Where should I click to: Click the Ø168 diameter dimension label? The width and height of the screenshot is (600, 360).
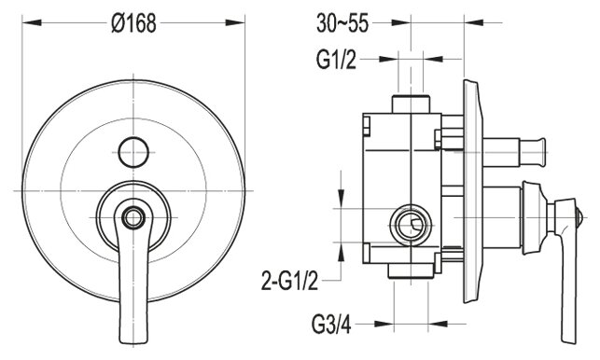coord(133,23)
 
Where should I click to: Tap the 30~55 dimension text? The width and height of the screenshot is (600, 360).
coord(342,23)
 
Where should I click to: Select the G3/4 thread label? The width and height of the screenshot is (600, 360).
coord(331,325)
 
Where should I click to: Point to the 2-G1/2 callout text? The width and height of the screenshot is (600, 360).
coord(289,281)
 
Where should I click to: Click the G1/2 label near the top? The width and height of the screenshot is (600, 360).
coord(336,60)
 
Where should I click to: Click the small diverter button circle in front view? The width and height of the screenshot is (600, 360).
coord(133,152)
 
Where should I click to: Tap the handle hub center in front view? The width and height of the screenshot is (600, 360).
coord(133,217)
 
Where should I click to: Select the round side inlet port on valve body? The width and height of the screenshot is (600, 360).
coord(411,225)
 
